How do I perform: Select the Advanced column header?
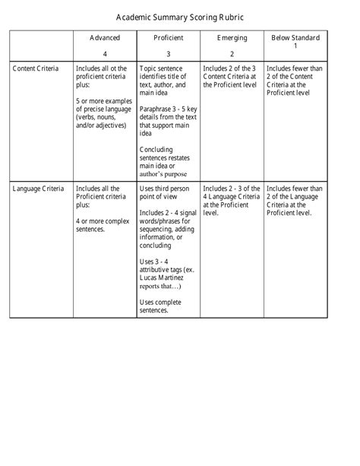(105, 38)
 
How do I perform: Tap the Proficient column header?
(168, 38)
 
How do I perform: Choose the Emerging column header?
(232, 38)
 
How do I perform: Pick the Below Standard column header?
(295, 38)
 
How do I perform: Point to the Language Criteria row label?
(39, 188)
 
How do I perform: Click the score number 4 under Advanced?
(105, 54)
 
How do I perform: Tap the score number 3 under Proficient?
(168, 54)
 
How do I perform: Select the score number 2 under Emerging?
(232, 54)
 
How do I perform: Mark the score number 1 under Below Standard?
(295, 46)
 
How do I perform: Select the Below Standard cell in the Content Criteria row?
(295, 81)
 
